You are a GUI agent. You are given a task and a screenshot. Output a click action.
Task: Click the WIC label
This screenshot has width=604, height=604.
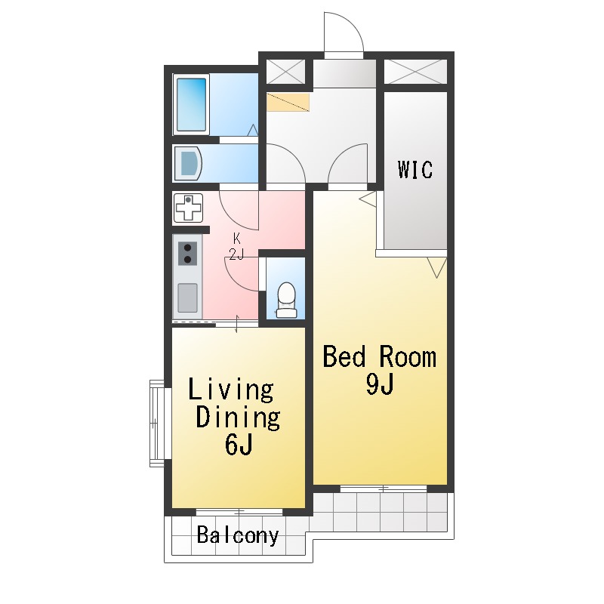(x=415, y=169)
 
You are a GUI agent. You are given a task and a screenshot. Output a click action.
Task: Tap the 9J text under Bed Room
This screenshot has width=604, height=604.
(x=380, y=384)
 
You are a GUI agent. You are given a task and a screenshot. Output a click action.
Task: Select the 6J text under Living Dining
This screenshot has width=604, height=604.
(x=239, y=444)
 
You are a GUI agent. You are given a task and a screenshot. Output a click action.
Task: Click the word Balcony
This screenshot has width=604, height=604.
(x=238, y=535)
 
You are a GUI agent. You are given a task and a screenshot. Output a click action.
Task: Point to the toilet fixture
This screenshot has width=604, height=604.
(x=287, y=300)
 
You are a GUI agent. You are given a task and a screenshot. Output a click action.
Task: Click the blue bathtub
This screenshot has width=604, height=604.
(x=192, y=104)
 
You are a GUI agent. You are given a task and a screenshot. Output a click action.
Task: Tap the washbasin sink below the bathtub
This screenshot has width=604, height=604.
(x=188, y=163)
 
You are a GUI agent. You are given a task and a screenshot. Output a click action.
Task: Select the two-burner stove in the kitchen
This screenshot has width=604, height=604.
(x=187, y=254)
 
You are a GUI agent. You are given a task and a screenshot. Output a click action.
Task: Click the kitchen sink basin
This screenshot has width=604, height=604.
(x=187, y=297)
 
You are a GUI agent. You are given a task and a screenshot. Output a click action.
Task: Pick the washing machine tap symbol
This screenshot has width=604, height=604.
(x=188, y=208)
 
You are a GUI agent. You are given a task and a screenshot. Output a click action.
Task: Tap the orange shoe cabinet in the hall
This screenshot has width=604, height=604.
(x=288, y=102)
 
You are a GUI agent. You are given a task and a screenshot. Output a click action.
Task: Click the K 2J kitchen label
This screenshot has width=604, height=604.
(x=236, y=247)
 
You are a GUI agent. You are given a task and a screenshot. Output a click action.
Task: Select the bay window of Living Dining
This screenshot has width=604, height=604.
(x=157, y=424)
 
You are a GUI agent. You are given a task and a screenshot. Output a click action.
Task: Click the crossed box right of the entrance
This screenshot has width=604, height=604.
(x=416, y=72)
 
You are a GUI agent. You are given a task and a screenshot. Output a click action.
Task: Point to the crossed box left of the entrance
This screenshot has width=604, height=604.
(x=286, y=72)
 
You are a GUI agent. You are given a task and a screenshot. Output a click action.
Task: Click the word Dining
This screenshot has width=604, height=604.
(x=238, y=418)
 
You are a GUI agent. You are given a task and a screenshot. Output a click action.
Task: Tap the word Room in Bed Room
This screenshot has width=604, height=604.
(x=408, y=357)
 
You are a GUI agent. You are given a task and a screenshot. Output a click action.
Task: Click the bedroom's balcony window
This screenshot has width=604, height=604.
(x=384, y=488)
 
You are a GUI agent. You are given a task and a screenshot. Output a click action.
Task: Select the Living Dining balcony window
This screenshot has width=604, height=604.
(x=239, y=513)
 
